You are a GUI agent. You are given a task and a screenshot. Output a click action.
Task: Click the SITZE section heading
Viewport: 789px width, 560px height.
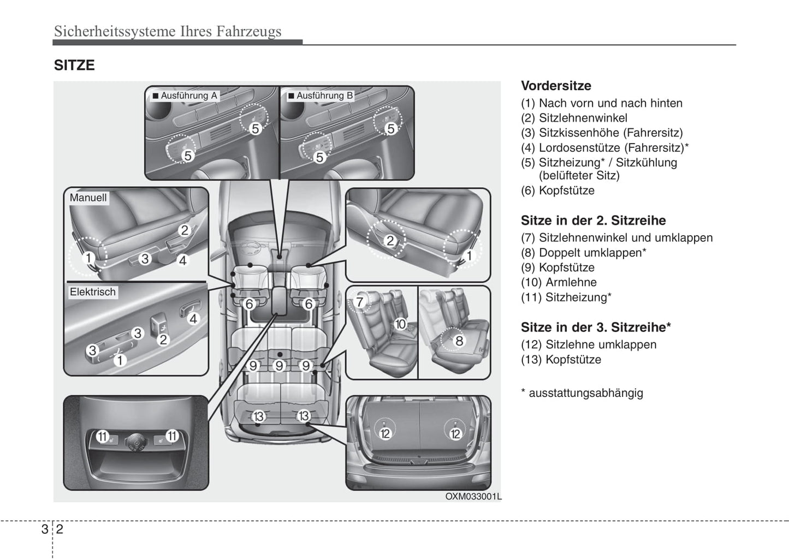point(74,65)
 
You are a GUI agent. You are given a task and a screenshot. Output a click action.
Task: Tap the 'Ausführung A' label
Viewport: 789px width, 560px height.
point(188,96)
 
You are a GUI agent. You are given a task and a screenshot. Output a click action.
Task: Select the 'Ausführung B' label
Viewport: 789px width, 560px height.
point(324,96)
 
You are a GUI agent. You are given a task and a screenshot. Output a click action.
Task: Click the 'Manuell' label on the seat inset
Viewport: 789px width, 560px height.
point(88,198)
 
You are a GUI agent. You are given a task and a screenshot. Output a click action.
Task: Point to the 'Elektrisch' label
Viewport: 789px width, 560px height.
point(92,292)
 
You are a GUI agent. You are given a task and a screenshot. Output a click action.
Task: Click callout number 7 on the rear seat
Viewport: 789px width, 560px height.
point(359,302)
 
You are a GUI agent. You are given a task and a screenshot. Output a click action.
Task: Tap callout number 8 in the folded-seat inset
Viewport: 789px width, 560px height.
point(459,341)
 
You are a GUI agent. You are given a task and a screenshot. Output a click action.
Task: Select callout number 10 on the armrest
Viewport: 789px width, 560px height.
point(400,324)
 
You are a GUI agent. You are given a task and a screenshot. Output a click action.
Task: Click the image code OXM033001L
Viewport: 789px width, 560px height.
point(473,496)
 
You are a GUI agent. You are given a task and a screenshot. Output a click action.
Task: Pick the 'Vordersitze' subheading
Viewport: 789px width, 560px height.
point(556,86)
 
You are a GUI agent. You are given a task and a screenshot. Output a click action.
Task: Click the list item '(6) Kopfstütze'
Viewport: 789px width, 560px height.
point(557,190)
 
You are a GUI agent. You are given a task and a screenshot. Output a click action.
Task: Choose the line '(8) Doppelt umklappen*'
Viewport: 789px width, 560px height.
point(583,253)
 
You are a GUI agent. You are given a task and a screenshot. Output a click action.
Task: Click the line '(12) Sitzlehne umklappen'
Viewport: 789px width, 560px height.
point(589,344)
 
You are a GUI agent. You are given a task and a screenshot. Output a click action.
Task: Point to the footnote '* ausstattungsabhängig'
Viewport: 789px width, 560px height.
point(582,393)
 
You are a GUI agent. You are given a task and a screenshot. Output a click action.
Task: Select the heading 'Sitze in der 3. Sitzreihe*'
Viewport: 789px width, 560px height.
point(596,327)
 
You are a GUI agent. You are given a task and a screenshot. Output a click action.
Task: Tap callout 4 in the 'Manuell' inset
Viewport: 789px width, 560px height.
point(183,260)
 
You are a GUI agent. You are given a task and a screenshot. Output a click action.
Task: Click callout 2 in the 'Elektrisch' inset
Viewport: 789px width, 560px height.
point(163,339)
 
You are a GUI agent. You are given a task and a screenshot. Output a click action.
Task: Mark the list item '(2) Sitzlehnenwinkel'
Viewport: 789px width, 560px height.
point(574,118)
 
